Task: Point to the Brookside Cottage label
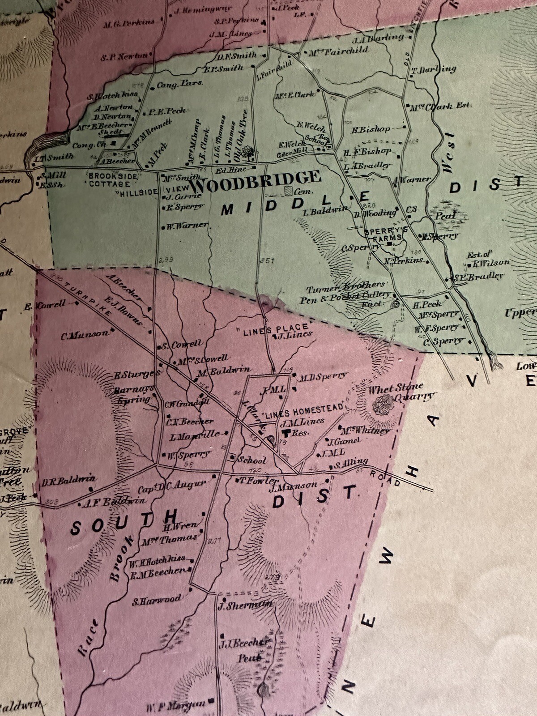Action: coord(112,180)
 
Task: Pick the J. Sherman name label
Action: coord(245,606)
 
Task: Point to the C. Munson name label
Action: coord(85,334)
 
